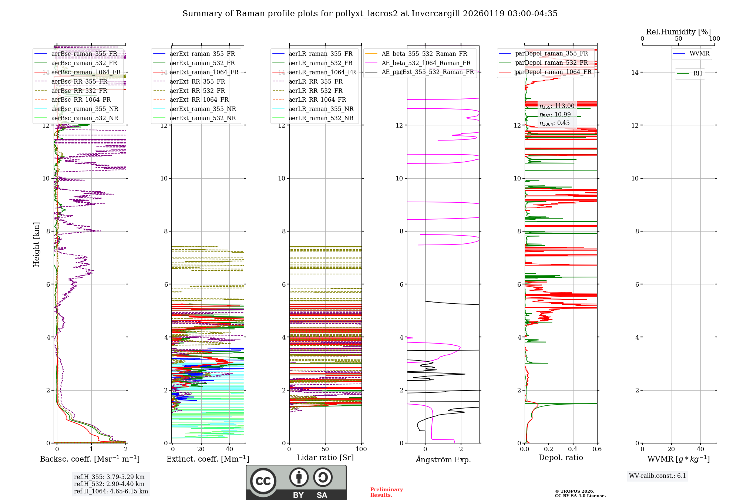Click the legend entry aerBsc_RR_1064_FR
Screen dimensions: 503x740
81,100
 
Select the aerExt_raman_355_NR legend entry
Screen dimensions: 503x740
202,109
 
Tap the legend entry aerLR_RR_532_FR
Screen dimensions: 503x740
316,91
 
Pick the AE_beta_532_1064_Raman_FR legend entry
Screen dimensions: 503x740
426,63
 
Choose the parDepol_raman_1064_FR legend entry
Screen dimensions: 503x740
553,72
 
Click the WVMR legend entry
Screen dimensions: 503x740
699,54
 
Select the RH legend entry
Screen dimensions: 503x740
697,74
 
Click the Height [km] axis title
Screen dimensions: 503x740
36,244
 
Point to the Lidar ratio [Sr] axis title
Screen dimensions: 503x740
325,458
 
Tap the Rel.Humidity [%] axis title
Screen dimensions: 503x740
678,32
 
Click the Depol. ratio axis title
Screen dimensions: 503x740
561,458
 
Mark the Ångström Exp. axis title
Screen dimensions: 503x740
443,460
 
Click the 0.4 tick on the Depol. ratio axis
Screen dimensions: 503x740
573,449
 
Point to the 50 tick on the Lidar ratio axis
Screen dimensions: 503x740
325,449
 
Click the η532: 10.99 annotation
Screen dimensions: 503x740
555,115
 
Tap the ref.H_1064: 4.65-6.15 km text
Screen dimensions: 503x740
111,492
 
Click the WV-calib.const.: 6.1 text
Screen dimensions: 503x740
657,476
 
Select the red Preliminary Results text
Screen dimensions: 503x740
386,492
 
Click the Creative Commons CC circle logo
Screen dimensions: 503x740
263,481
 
